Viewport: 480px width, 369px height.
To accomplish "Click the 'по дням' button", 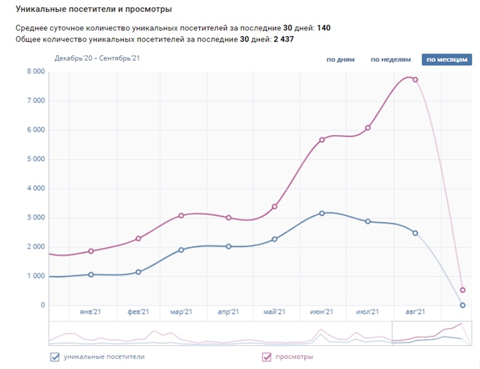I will (x=340, y=60).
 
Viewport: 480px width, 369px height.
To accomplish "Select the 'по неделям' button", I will (x=391, y=60).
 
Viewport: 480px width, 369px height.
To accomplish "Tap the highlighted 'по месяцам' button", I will (x=447, y=60).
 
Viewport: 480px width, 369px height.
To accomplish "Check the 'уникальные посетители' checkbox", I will (x=55, y=357).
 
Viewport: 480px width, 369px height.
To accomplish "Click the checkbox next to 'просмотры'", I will (x=267, y=357).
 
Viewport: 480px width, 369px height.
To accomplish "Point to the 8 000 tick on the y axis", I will (x=35, y=71).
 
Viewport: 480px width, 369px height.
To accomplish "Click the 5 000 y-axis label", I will (x=35, y=159).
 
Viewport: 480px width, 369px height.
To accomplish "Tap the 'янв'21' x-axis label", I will (x=91, y=312).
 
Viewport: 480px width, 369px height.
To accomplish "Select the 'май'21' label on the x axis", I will (x=275, y=312).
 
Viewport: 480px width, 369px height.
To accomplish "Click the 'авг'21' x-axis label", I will (x=415, y=312).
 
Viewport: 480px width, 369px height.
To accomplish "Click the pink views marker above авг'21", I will (x=415, y=79).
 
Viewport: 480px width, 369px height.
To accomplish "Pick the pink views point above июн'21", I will (x=322, y=140).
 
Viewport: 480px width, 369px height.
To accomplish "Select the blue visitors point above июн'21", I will (x=322, y=213).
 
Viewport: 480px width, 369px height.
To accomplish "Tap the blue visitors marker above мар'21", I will (x=181, y=250).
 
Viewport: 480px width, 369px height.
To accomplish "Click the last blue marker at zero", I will (x=462, y=305).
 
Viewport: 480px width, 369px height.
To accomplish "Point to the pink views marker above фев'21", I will (x=139, y=239).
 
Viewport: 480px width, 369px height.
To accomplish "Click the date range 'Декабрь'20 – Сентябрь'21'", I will (x=97, y=58).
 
